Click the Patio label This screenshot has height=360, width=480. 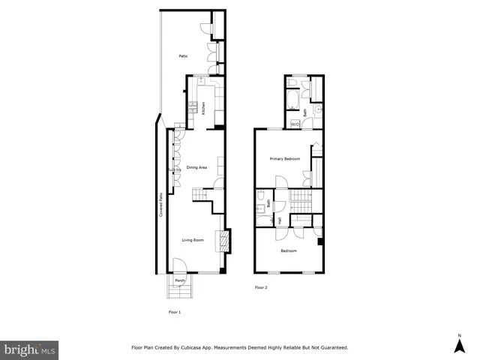tap(182, 56)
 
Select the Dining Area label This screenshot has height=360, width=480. tap(196, 167)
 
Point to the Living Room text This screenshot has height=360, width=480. tap(193, 240)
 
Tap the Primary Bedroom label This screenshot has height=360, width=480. tap(285, 159)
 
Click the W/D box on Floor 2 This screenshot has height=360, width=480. tap(295, 123)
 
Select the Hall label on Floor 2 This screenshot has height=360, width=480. tap(280, 221)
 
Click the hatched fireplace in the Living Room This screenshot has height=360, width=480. tap(222, 241)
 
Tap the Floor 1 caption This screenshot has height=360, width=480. tap(174, 311)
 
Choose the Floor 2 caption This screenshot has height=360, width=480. tap(261, 287)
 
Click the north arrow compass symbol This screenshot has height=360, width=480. tap(458, 343)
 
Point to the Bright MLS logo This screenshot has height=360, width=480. tap(30, 349)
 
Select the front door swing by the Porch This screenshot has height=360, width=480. tap(180, 265)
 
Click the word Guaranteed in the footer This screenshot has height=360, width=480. tap(330, 348)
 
